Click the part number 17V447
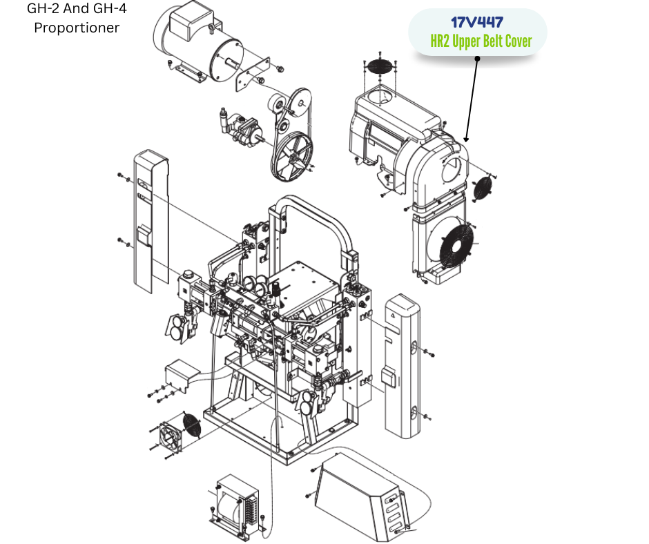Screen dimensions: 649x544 click(x=477, y=22)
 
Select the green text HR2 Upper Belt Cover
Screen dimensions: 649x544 click(x=481, y=41)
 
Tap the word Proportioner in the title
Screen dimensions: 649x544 click(x=77, y=28)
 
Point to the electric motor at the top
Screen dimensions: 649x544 click(x=198, y=43)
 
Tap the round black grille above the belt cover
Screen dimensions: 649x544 click(x=379, y=67)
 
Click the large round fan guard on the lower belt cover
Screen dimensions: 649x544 click(x=456, y=246)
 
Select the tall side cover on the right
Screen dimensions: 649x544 click(x=403, y=367)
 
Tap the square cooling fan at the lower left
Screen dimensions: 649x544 click(x=170, y=437)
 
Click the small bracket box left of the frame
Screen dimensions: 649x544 click(x=181, y=375)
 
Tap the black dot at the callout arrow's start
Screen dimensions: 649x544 click(x=477, y=59)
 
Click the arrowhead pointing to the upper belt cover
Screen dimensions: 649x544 click(x=467, y=139)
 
